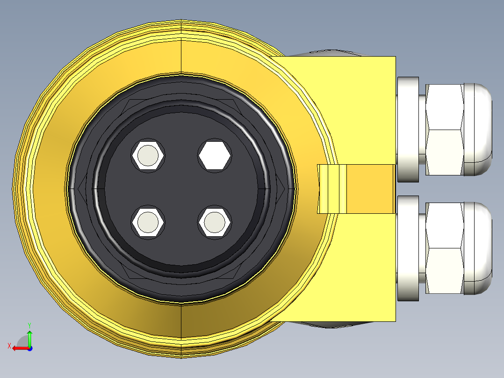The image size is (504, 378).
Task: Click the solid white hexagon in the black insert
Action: [x=215, y=156]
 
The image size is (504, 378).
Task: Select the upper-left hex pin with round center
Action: [x=148, y=156]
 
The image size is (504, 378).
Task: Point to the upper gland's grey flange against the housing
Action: [x=408, y=130]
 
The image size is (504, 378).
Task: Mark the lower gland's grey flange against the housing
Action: [x=408, y=248]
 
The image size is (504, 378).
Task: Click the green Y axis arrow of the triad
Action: [x=29, y=338]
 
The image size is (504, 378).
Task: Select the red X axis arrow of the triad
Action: [x=19, y=348]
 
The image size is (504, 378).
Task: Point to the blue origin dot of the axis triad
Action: [x=29, y=348]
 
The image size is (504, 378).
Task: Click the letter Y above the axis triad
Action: [x=29, y=324]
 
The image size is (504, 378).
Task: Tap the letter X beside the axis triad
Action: [x=9, y=346]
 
